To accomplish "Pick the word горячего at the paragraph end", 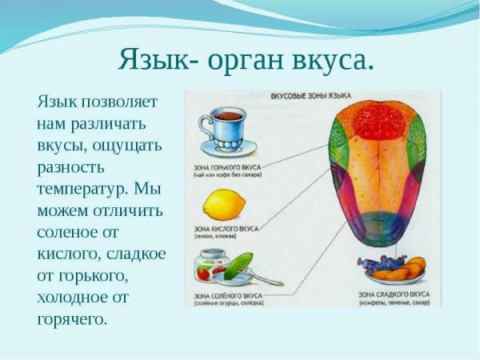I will [71, 319].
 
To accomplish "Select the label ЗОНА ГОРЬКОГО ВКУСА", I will [226, 168].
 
